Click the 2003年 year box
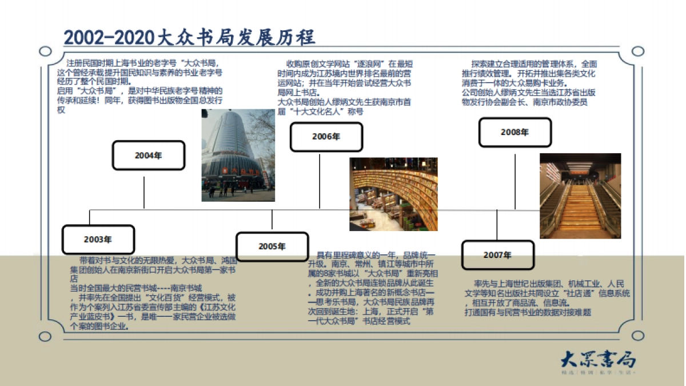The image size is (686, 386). coord(98,240)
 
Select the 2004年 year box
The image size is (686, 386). coord(149,156)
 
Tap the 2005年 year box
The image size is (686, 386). coord(272,246)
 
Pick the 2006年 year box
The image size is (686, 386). coord(326,137)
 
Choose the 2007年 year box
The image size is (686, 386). coord(497,255)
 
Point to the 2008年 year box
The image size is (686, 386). coord(515,132)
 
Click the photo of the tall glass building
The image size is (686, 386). coord(238,155)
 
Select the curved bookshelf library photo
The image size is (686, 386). coord(393,194)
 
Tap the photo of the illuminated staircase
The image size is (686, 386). coord(580,196)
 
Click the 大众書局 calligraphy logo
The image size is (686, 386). coord(597,360)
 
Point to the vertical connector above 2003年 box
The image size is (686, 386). coord(90,217)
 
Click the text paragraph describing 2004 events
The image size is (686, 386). coord(140,86)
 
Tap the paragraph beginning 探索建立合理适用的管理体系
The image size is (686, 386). coord(529,83)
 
